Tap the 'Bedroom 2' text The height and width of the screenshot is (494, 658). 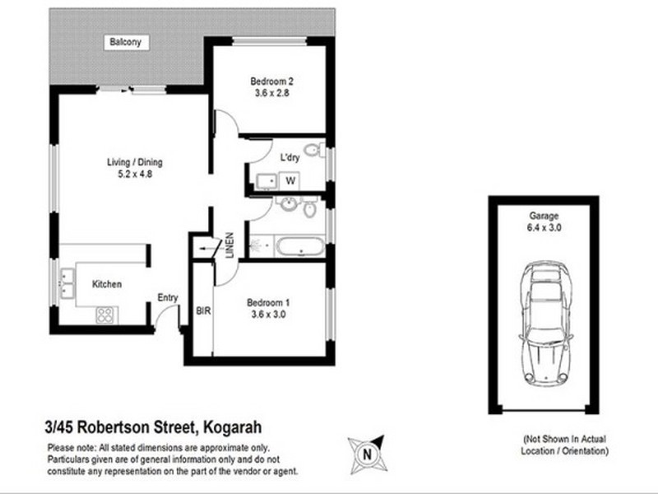click(x=271, y=81)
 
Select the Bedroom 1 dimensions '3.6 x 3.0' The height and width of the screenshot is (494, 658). click(x=268, y=314)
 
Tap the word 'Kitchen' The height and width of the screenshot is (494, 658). click(x=107, y=284)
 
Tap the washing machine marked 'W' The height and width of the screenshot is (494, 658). click(x=290, y=179)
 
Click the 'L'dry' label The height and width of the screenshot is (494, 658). click(x=290, y=157)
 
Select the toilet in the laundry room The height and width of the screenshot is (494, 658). click(x=312, y=151)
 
